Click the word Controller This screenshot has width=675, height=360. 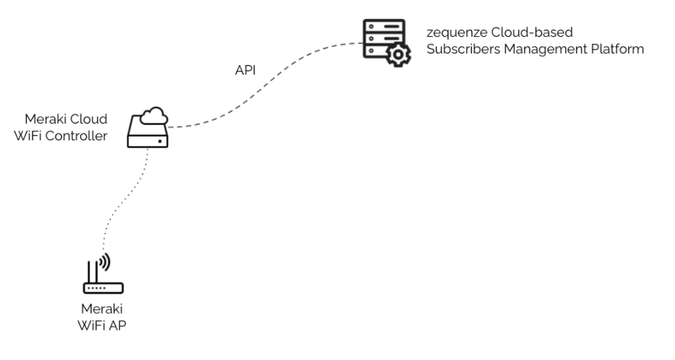pos(82,134)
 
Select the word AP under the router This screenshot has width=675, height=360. pos(119,323)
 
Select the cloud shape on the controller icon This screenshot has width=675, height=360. pos(154,115)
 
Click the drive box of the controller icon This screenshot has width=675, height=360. pos(147,136)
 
